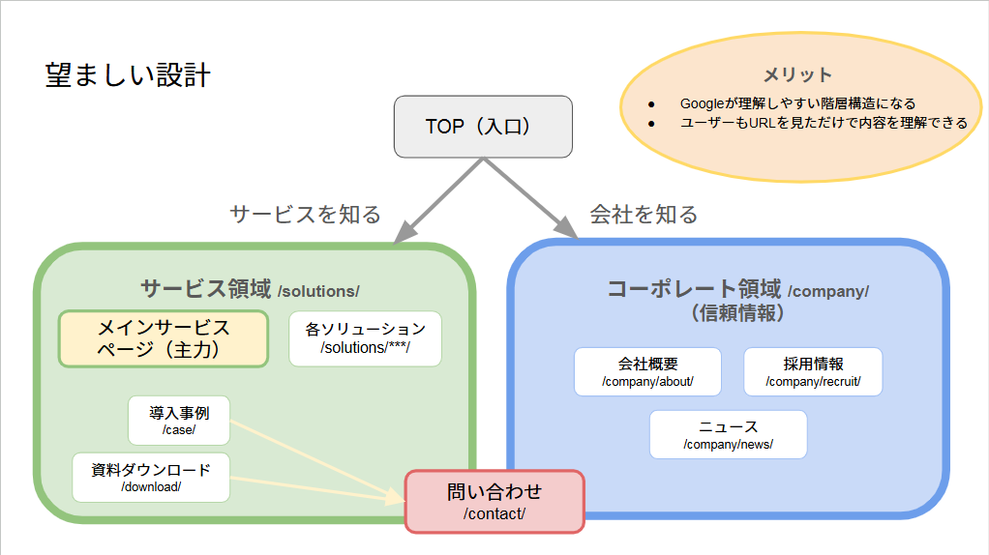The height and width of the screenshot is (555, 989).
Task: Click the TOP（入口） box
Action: tap(483, 127)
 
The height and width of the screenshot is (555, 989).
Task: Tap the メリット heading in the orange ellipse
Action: tap(797, 74)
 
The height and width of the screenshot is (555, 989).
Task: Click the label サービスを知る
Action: tap(305, 215)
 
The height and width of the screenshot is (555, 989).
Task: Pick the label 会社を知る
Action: tap(644, 215)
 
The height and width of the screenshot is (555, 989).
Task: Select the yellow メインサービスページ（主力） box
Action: tap(164, 338)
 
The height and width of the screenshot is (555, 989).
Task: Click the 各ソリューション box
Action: tap(365, 338)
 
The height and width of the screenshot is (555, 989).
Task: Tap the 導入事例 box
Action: tap(179, 421)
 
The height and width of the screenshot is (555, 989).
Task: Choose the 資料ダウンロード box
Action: tap(151, 478)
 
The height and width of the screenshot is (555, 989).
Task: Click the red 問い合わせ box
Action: tap(494, 501)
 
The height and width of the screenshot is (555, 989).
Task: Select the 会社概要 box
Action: tap(647, 372)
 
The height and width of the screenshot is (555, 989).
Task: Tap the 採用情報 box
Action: tap(813, 372)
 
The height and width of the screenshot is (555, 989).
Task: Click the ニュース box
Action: tap(728, 434)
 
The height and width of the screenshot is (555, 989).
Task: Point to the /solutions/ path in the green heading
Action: tap(317, 291)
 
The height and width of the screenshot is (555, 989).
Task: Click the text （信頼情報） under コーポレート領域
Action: tap(737, 313)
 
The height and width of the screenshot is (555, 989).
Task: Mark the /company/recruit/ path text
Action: tap(813, 382)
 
